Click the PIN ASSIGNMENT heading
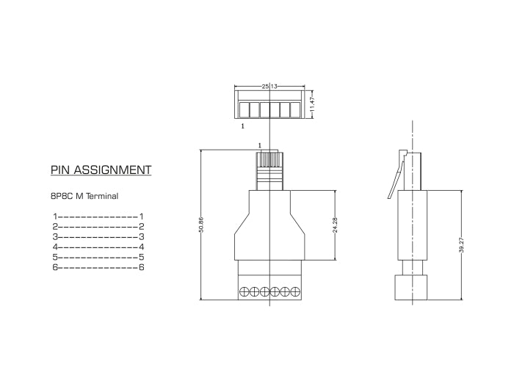101,170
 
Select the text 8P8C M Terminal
84,196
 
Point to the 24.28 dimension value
335,225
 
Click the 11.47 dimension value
311,103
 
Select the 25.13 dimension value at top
269,87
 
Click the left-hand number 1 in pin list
55,217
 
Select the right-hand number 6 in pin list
142,268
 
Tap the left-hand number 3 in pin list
55,237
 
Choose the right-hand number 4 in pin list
142,247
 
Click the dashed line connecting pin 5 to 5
98,258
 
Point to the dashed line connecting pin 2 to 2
98,227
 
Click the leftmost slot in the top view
244,110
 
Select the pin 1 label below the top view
242,126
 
